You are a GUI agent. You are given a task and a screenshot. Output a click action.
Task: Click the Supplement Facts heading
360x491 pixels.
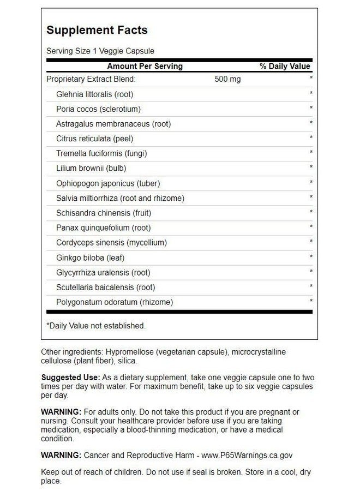pos(97,30)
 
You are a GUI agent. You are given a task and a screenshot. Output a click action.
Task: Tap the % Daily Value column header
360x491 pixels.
pos(284,66)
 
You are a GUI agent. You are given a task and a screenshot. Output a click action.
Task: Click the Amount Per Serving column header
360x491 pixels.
pos(145,66)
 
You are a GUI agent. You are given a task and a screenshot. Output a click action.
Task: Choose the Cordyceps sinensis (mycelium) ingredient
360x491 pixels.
pos(111,242)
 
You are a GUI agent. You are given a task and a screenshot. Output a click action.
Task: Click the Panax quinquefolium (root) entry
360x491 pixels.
pos(103,227)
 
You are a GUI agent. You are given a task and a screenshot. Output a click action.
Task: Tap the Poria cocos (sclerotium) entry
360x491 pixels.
pos(98,109)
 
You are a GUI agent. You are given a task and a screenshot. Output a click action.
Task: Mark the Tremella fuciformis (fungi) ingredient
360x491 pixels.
pos(101,153)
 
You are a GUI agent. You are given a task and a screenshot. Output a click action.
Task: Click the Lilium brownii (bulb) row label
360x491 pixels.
pos(91,168)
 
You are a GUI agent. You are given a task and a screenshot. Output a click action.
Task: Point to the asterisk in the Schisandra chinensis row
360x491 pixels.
pos(311,212)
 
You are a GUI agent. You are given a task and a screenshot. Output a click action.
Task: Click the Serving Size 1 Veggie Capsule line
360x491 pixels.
pos(100,51)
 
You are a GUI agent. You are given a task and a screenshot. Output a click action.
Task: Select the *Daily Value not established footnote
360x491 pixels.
pos(96,326)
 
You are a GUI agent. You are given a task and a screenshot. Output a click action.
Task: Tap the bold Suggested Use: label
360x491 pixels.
pos(70,378)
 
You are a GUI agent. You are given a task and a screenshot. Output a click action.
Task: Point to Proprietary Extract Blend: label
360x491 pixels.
pos(90,79)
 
